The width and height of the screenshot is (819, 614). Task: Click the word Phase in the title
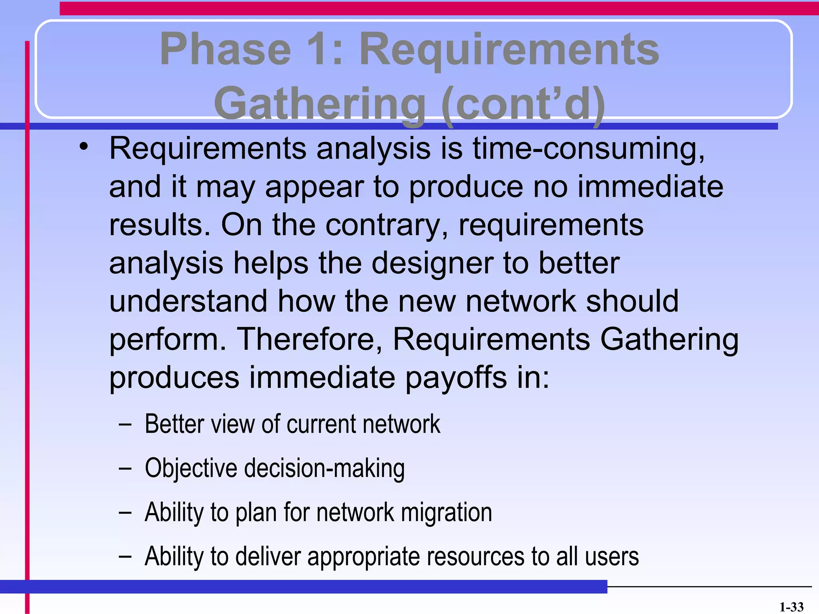point(225,50)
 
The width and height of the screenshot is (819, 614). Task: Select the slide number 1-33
point(791,607)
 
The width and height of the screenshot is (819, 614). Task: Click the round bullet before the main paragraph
point(83,147)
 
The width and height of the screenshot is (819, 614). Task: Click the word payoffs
point(455,378)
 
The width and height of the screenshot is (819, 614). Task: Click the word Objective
point(191,468)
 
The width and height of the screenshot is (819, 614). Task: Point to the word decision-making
point(324,468)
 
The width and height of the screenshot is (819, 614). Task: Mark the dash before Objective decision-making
point(125,468)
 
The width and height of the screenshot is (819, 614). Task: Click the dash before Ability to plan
point(125,512)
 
